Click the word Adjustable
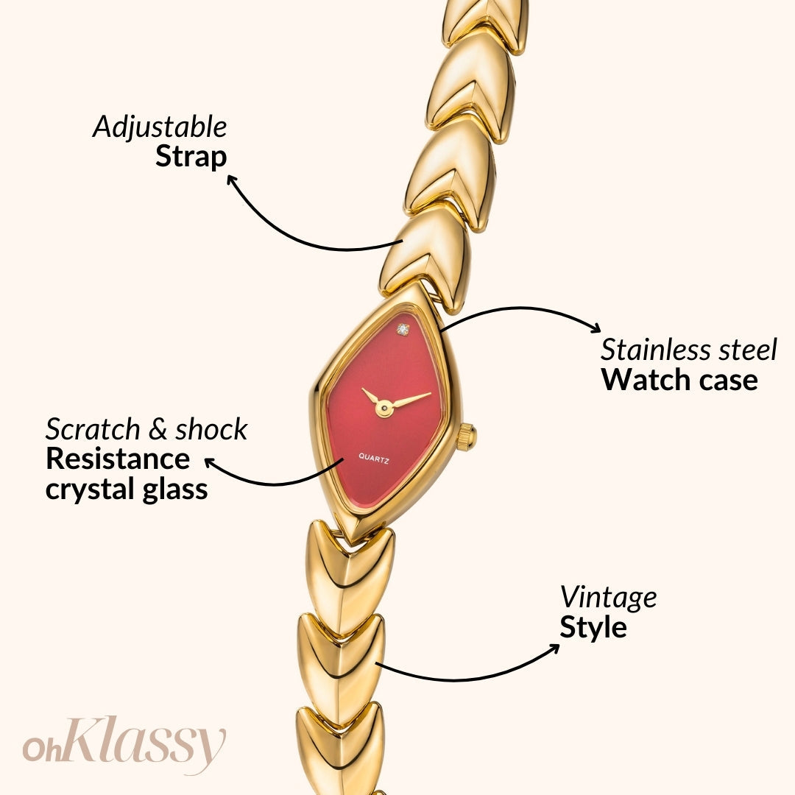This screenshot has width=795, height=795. click(160, 128)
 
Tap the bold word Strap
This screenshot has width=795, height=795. click(191, 157)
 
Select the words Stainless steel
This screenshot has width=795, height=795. click(688, 350)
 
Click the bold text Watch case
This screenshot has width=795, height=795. click(679, 380)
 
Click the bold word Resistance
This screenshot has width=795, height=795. click(118, 459)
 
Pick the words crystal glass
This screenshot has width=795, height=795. click(127, 490)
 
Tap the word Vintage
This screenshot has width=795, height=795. click(608, 598)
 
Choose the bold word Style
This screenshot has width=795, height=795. click(593, 628)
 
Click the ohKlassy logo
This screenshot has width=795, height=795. click(124, 744)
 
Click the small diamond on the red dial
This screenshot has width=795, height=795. click(403, 328)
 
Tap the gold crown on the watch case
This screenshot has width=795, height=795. click(465, 437)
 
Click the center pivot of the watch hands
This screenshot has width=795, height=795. click(384, 406)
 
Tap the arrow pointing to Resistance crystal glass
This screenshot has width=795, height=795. click(272, 480)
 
